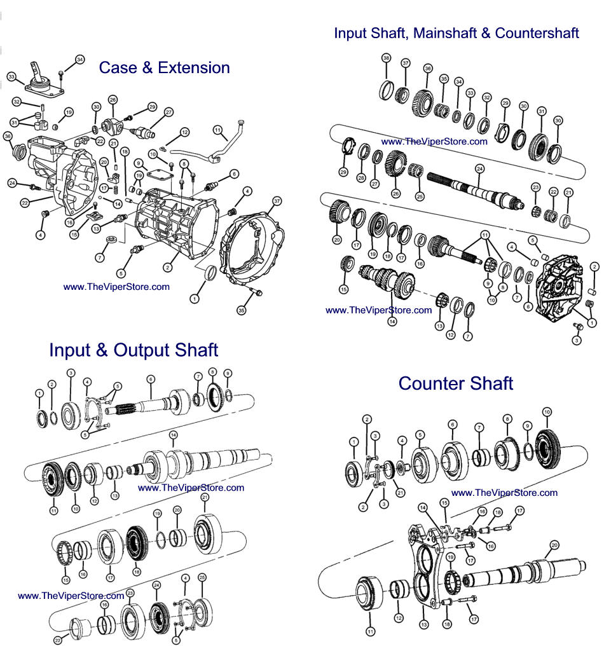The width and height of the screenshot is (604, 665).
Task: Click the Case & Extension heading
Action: click(164, 67)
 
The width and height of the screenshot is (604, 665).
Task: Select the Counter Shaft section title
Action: click(455, 383)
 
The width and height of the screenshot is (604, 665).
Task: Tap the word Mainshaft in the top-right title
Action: click(444, 32)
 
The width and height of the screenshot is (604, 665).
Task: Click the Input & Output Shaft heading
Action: click(134, 350)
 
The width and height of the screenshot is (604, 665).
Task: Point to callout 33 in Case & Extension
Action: click(11, 78)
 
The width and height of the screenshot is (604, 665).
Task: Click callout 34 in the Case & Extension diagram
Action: click(79, 60)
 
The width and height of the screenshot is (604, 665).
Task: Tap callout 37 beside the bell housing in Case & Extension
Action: click(277, 202)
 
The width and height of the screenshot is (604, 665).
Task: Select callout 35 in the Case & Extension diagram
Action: click(242, 310)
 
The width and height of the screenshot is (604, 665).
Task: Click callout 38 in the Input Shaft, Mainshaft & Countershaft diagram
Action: click(386, 58)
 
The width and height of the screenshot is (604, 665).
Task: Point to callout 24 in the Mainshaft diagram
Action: click(479, 168)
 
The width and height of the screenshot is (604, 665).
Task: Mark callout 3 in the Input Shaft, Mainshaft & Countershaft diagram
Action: click(577, 341)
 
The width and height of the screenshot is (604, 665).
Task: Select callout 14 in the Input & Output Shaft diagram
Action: click(172, 435)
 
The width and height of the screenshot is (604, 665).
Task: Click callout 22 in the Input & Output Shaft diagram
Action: click(57, 640)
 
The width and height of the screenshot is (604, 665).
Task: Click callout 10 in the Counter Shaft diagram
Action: click(547, 413)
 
